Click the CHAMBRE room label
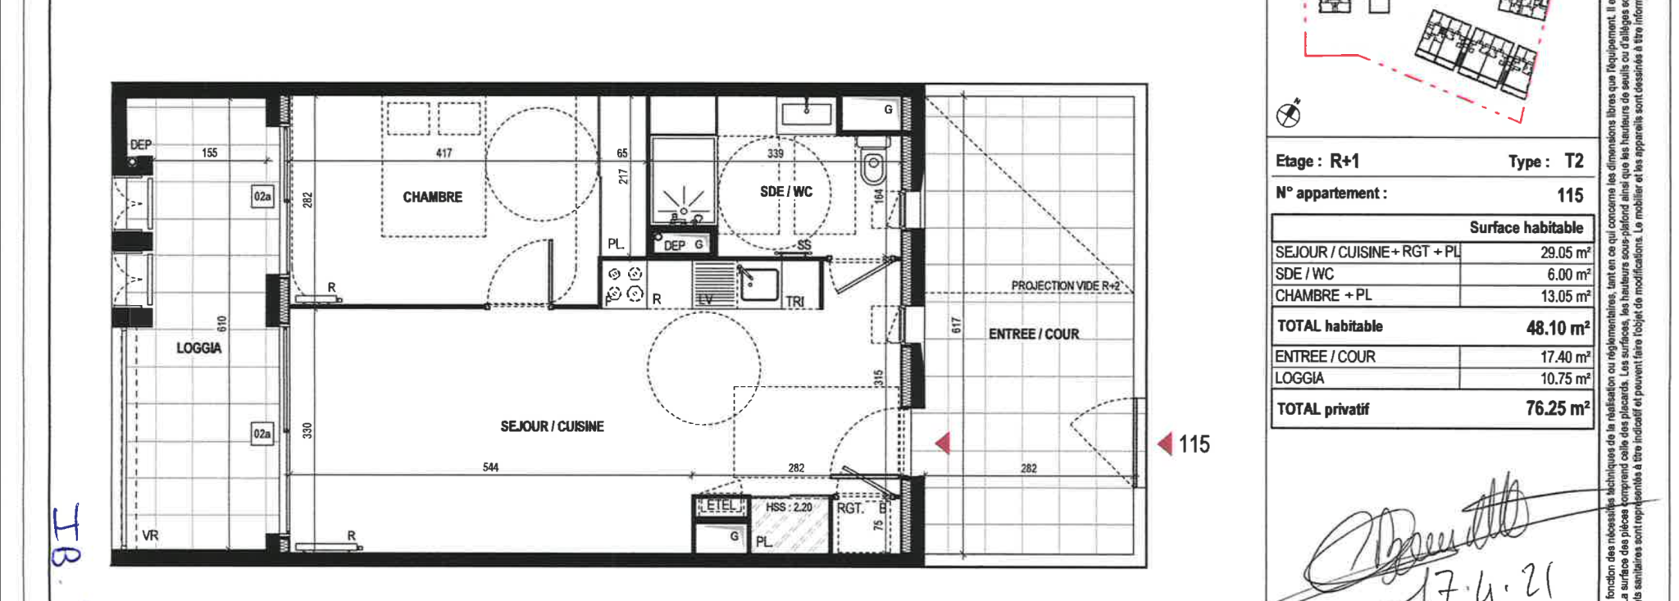click(432, 197)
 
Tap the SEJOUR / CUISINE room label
click(552, 426)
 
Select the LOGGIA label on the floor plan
click(198, 348)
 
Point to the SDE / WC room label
click(785, 192)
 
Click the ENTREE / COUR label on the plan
click(1033, 334)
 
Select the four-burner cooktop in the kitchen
click(624, 285)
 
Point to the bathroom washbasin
click(807, 112)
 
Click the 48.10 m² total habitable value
click(1557, 328)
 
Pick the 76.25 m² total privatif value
click(1557, 408)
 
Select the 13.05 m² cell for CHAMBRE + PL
click(1565, 296)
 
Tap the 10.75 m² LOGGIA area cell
click(1565, 379)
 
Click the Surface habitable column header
click(1526, 227)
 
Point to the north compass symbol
click(1289, 114)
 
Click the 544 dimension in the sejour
click(490, 467)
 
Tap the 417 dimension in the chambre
click(444, 153)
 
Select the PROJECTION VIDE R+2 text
click(1065, 285)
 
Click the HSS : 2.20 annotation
click(789, 508)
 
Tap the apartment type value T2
click(1573, 161)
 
